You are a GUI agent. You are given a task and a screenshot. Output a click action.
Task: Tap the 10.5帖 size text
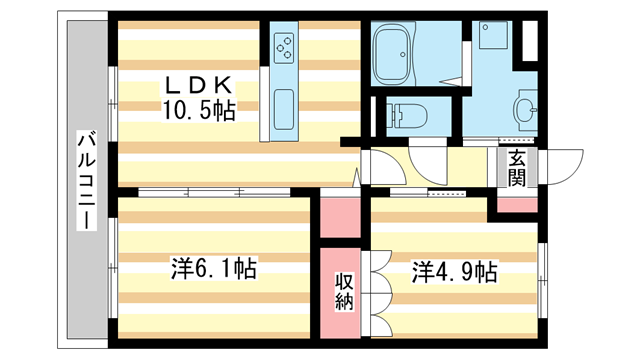[200, 110]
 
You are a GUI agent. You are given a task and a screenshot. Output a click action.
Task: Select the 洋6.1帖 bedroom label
[213, 269]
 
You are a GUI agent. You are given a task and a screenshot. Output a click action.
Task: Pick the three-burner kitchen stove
[283, 46]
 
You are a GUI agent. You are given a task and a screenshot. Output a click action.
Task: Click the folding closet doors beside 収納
[375, 290]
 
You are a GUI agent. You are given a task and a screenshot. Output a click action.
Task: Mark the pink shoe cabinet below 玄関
[516, 204]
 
